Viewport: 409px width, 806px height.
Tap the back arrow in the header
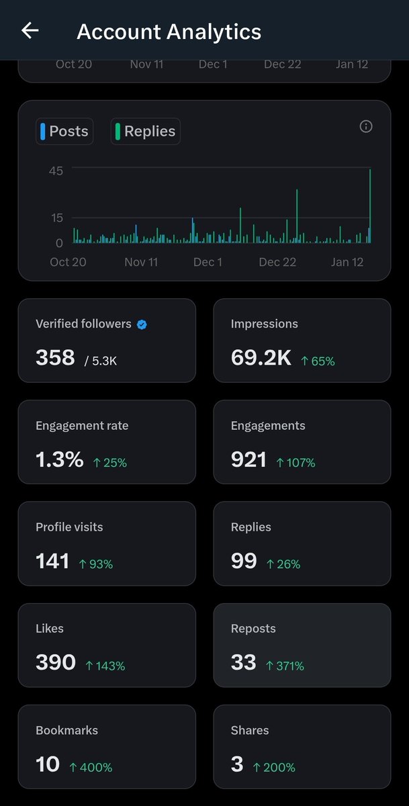coord(30,30)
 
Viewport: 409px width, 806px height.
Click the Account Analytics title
coord(169,32)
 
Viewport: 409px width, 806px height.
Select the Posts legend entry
coord(64,131)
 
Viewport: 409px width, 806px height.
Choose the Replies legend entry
coord(146,131)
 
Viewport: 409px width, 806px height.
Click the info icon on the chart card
coord(366,126)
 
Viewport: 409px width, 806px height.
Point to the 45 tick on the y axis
coord(56,171)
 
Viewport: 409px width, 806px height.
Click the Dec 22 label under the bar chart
coord(277,262)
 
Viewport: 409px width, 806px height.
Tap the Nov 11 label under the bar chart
coord(141,262)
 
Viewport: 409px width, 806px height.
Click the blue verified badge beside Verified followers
coord(142,324)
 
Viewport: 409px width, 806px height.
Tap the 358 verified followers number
coord(55,357)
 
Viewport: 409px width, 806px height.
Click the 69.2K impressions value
coord(261,358)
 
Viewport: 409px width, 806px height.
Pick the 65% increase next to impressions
coord(318,361)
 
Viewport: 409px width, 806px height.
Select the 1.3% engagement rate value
coord(59,459)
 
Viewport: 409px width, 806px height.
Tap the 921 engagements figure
coord(248,459)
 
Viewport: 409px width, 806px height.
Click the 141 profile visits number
coord(52,561)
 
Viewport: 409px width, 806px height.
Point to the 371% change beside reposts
coord(285,666)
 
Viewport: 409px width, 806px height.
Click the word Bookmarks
coord(66,730)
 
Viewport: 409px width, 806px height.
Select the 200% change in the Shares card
coord(274,767)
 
